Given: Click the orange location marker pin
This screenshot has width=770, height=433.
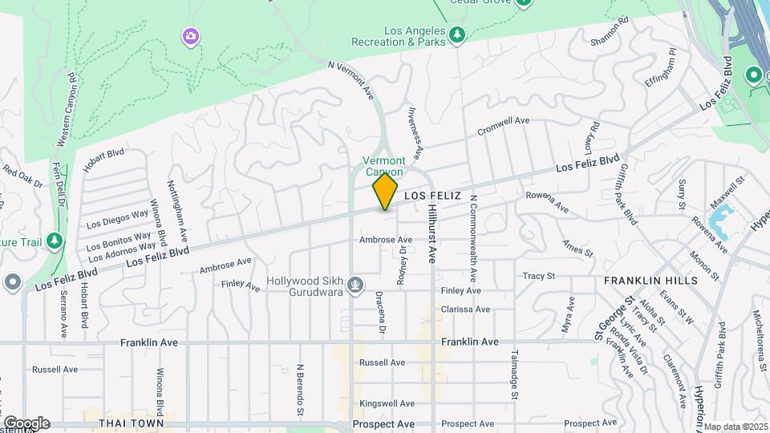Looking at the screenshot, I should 385,192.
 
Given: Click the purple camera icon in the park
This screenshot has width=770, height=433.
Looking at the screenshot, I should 190,35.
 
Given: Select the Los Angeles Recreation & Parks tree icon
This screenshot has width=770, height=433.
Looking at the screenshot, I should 456,34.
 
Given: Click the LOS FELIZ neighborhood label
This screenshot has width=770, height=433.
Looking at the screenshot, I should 432,196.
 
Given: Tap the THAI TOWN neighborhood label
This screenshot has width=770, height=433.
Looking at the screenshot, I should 131,423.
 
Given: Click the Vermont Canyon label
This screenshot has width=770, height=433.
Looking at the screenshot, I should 384,166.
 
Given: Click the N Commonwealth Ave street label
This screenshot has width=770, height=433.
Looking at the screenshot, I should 474,237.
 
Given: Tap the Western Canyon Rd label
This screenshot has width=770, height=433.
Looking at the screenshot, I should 67,110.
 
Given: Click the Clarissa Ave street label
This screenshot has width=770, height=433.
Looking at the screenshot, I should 465,310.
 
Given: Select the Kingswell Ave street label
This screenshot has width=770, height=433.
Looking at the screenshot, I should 387,403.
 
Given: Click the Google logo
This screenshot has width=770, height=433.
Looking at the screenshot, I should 26,423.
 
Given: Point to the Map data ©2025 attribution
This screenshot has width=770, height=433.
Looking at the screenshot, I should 736,427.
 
